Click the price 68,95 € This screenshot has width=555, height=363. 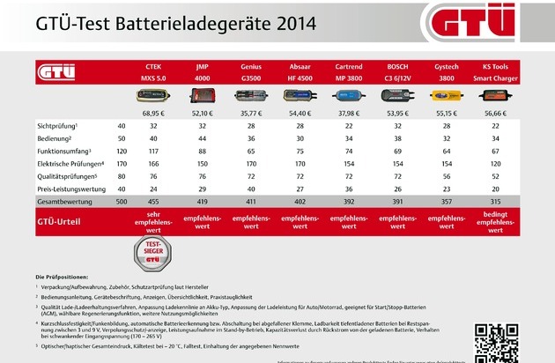[152, 113]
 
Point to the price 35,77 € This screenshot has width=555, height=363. [251, 113]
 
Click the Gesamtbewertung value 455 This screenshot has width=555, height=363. [152, 201]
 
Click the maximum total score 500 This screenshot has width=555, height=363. [121, 201]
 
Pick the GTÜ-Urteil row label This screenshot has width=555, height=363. [61, 217]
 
